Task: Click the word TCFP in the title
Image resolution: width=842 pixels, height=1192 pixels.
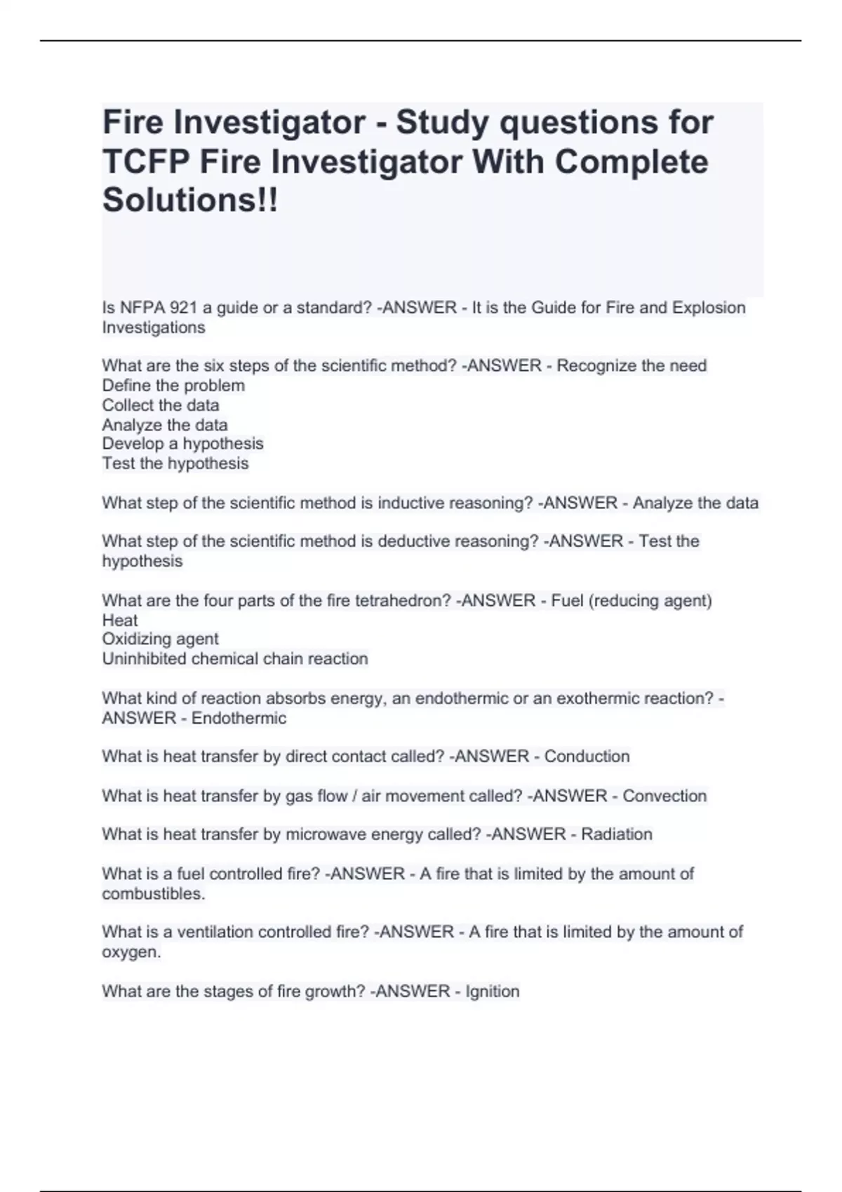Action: (147, 162)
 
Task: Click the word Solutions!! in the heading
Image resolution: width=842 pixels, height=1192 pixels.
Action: (190, 201)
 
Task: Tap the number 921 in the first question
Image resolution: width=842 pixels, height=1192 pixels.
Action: (166, 308)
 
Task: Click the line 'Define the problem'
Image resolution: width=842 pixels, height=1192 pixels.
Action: (173, 386)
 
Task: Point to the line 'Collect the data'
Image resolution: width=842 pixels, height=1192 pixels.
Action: (161, 405)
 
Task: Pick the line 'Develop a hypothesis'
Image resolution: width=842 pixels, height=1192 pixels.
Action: (182, 444)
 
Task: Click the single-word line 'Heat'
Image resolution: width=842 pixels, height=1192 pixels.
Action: (120, 621)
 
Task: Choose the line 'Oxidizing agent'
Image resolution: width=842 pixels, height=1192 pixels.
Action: (160, 639)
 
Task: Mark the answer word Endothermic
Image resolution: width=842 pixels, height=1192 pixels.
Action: (239, 718)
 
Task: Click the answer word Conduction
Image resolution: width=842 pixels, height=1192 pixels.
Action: (587, 757)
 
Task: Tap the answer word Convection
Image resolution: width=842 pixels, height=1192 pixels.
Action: (664, 796)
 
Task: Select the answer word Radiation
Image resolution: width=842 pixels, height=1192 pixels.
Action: (617, 834)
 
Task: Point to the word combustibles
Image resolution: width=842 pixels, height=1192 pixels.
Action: (153, 894)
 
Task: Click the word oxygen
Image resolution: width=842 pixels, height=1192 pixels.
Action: (131, 953)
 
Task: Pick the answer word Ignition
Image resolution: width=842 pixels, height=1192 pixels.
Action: (493, 991)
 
